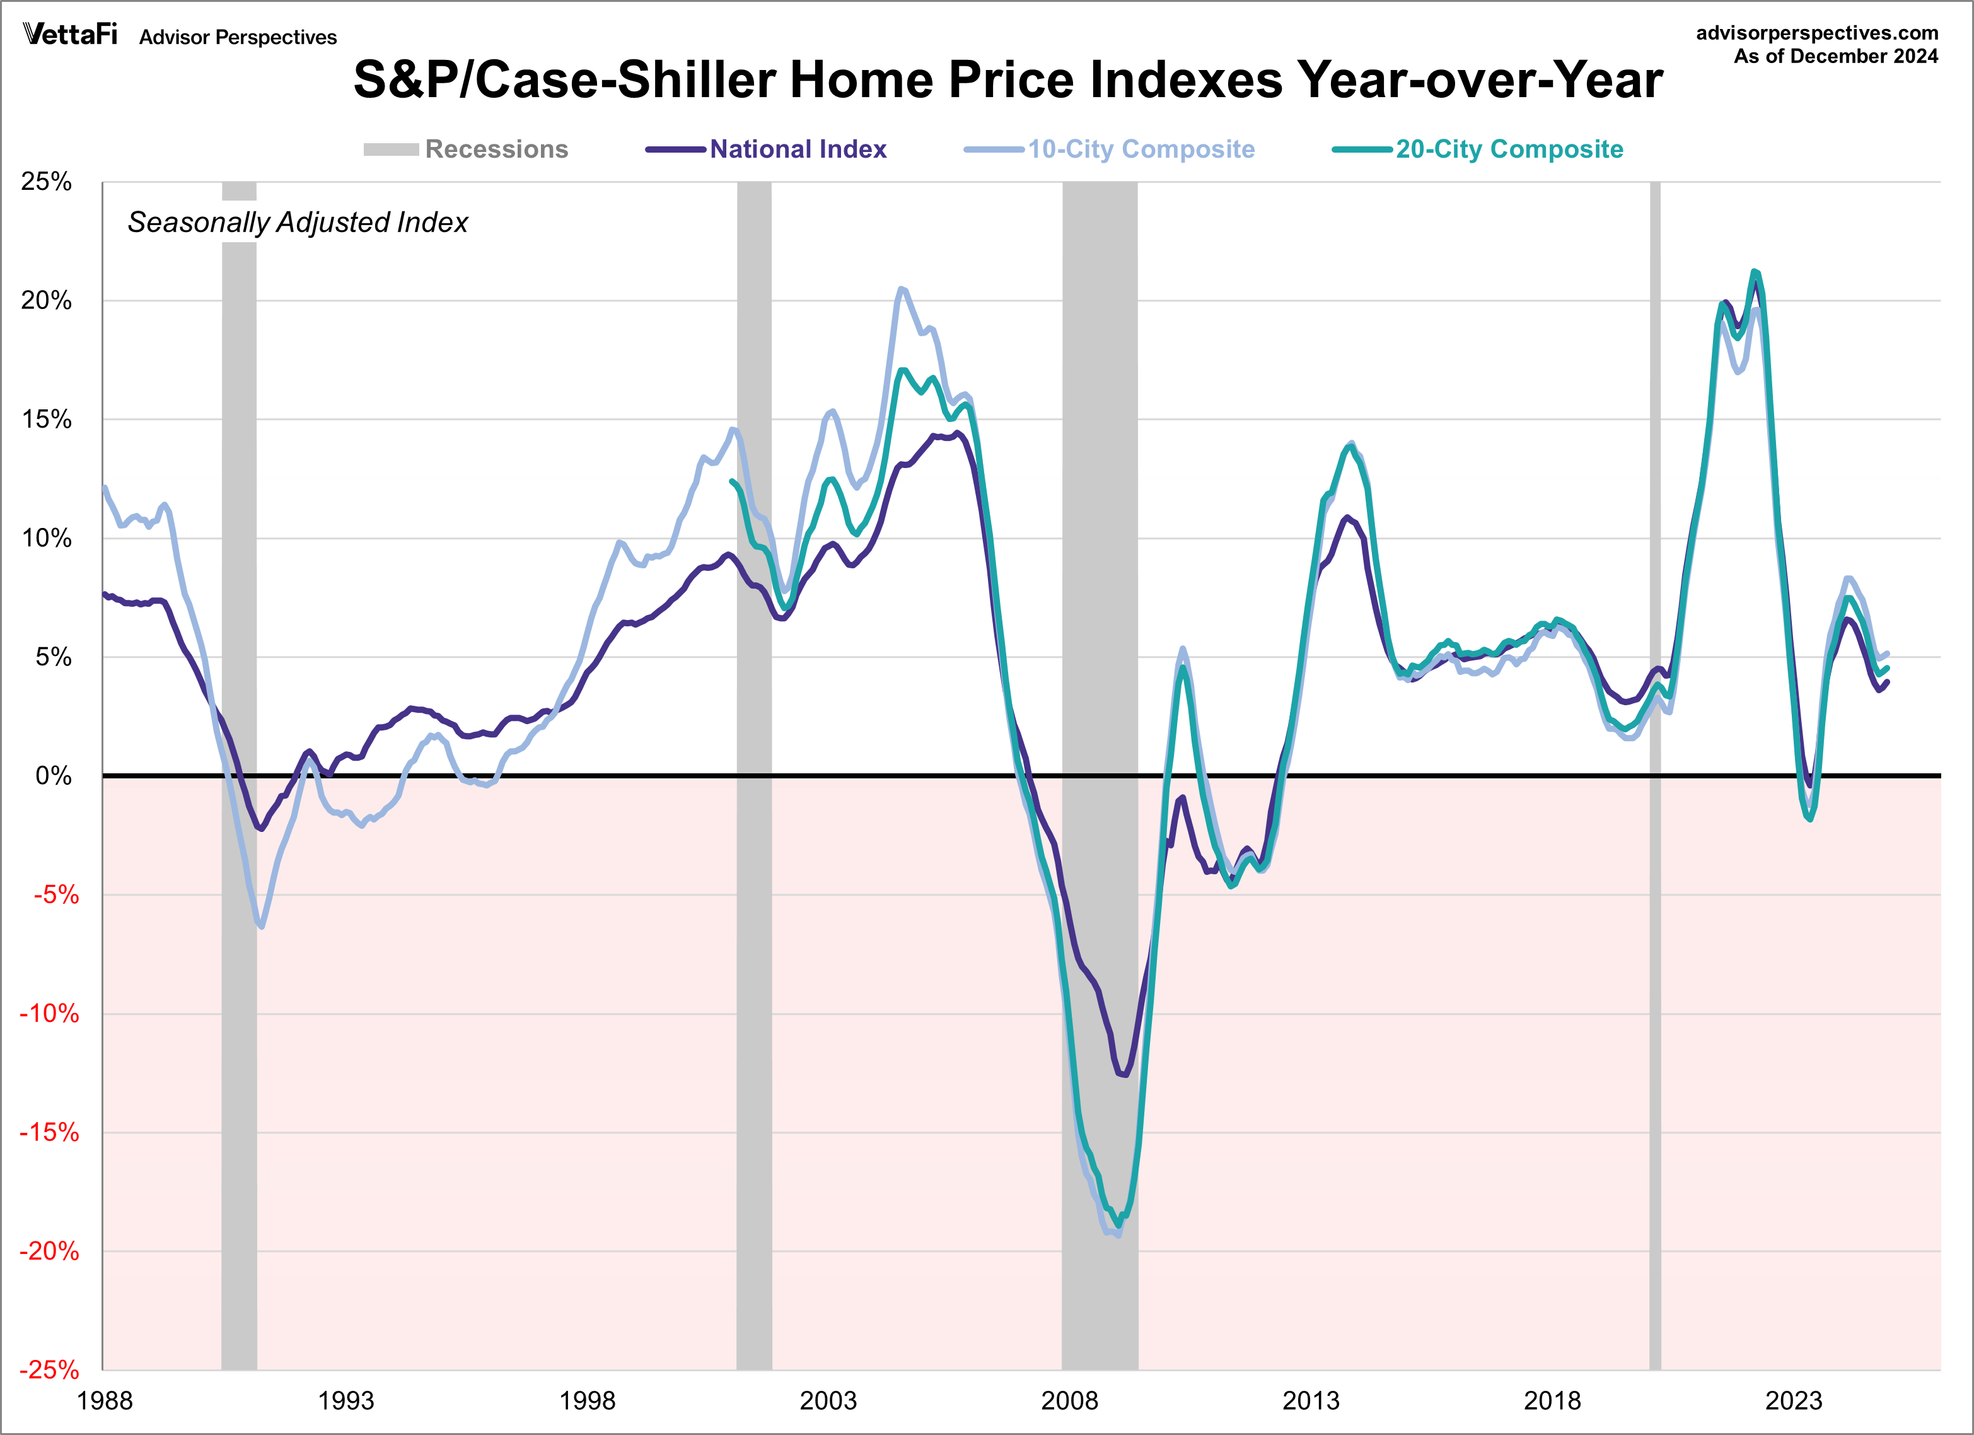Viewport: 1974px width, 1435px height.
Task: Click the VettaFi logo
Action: pyautogui.click(x=69, y=34)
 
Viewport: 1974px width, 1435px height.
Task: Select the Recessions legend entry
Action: pyautogui.click(x=467, y=149)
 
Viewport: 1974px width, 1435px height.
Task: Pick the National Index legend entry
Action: pyautogui.click(x=767, y=149)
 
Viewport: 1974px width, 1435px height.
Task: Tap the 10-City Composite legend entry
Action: pyautogui.click(x=1110, y=149)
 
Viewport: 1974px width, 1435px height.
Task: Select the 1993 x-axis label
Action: pyautogui.click(x=345, y=1400)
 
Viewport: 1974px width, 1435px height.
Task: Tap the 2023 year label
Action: pyautogui.click(x=1793, y=1400)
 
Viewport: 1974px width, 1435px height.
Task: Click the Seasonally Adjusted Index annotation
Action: pyautogui.click(x=298, y=222)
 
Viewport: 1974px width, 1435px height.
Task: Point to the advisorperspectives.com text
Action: pyautogui.click(x=1818, y=33)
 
